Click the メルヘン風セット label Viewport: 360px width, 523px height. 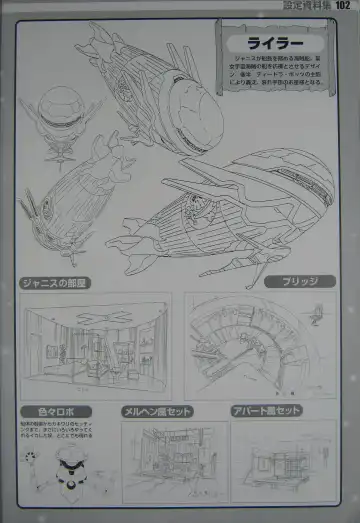click(x=157, y=411)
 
